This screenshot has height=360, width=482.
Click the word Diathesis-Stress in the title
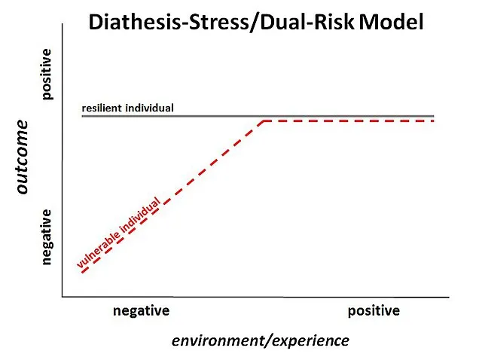[x=159, y=23]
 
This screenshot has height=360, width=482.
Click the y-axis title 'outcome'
[x=23, y=157]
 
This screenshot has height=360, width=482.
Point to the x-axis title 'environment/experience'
[x=261, y=340]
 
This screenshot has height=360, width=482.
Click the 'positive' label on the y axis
[x=47, y=74]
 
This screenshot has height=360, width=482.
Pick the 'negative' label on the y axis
[x=47, y=236]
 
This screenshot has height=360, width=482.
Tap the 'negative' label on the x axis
[x=142, y=311]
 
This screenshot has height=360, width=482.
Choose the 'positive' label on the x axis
[x=374, y=311]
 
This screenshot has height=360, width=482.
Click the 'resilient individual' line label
[x=128, y=108]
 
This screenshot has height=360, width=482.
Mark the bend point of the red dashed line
[x=263, y=121]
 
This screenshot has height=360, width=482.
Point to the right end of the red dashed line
[x=435, y=121]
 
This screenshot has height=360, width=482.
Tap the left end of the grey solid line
[x=82, y=116]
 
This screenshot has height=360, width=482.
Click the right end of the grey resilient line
[x=435, y=116]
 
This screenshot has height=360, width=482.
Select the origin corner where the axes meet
[x=63, y=297]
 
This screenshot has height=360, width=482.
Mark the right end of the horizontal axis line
[x=450, y=297]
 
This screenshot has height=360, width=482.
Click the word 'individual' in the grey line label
[x=151, y=108]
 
